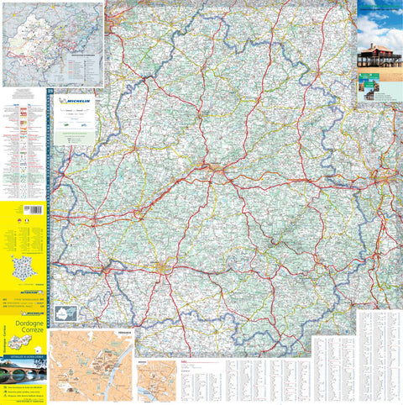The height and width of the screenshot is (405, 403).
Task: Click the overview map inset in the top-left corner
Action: [x=52, y=43]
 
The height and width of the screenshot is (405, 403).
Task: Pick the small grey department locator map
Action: [x=65, y=313]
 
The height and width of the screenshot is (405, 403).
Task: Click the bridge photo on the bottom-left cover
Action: [x=23, y=369]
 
